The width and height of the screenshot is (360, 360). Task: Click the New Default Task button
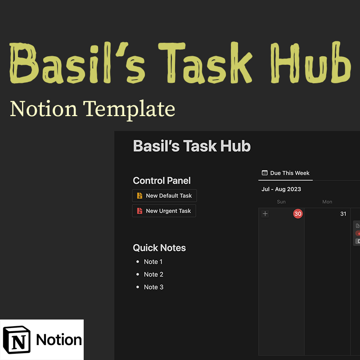pos(165,196)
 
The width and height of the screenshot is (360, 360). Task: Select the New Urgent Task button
pos(164,211)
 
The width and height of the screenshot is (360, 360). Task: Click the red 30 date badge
pos(298,214)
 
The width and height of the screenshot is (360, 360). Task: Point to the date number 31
pos(343,214)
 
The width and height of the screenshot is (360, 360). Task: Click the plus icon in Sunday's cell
pos(265,214)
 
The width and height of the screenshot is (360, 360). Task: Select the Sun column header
pos(281,202)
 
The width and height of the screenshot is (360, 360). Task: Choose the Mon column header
pos(327,202)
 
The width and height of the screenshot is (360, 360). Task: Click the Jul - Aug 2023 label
pos(281,189)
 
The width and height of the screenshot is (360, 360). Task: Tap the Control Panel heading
pos(162,181)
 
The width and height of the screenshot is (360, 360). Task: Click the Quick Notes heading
pos(159,248)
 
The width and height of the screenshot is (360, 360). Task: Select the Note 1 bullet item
pos(153,262)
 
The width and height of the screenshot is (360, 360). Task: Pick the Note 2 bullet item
pos(153,274)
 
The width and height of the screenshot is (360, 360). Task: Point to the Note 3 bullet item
pos(153,287)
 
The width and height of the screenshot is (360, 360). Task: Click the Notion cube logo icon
pos(17,340)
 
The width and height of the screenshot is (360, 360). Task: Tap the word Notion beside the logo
pos(59,340)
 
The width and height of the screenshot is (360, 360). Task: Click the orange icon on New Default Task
pos(139,196)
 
